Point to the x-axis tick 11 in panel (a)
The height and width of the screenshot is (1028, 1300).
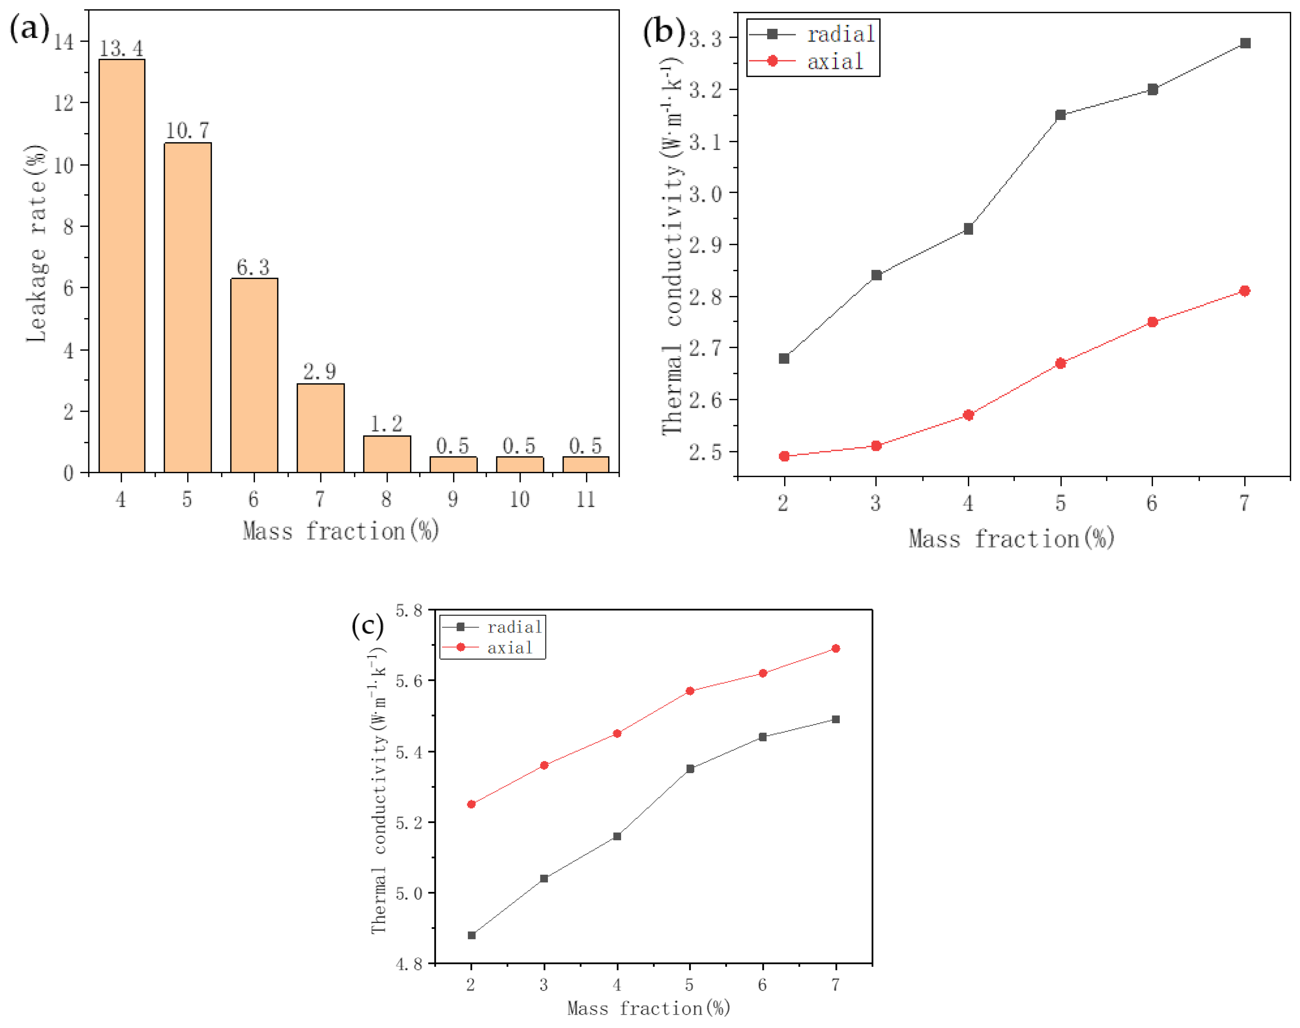pyautogui.click(x=586, y=499)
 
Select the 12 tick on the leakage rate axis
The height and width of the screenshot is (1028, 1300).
pyautogui.click(x=64, y=103)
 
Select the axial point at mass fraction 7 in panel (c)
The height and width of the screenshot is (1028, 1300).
pyautogui.click(x=836, y=648)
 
